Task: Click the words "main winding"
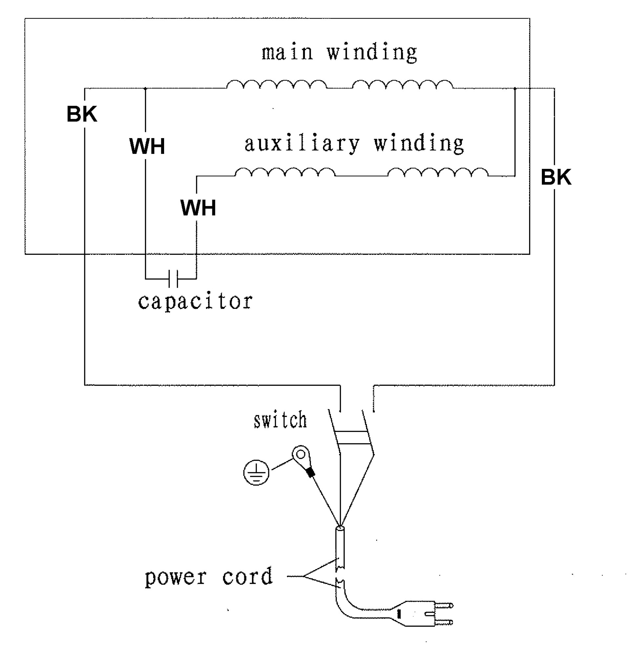(340, 52)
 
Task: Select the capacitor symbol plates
(173, 278)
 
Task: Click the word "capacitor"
(195, 301)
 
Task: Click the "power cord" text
(209, 577)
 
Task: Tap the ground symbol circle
(256, 473)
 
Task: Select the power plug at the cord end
(422, 614)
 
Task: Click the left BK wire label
(82, 114)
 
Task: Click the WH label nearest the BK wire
(147, 146)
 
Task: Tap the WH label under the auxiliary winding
(198, 208)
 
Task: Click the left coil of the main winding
(277, 84)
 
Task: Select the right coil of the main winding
(403, 84)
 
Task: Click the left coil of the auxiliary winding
(285, 172)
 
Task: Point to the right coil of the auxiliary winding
(438, 172)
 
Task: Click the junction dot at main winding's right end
(515, 89)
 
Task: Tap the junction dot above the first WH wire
(145, 89)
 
